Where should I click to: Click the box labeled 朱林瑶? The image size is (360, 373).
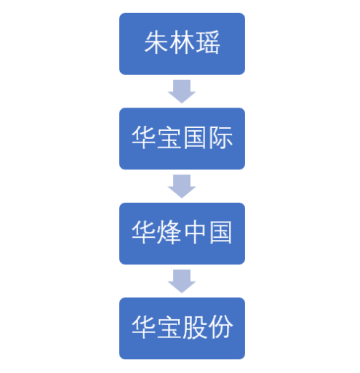[x=182, y=44]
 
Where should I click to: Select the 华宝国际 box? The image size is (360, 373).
[x=182, y=139]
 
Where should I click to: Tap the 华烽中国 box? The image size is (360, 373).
[x=182, y=233]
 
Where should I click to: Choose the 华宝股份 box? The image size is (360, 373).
[x=182, y=329]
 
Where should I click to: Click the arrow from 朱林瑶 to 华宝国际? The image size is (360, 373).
[x=182, y=92]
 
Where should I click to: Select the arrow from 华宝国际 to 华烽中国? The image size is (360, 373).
[x=182, y=186]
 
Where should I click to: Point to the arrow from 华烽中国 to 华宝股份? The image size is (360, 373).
[x=182, y=281]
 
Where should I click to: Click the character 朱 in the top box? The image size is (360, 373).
[x=156, y=42]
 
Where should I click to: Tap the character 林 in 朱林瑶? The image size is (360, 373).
[x=182, y=42]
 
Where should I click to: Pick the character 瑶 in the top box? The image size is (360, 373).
[x=208, y=42]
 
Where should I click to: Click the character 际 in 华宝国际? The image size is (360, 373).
[x=220, y=137]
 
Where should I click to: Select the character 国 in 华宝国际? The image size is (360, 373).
[x=195, y=137]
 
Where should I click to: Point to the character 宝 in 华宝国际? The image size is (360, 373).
[x=169, y=137]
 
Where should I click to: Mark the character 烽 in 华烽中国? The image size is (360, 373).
[x=169, y=232]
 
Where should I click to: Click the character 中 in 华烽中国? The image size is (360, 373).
[x=195, y=232]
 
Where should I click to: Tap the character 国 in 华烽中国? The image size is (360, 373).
[x=220, y=232]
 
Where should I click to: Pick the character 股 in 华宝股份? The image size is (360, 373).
[x=195, y=327]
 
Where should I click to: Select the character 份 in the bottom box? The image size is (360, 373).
[x=220, y=327]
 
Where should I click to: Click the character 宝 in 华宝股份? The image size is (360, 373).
[x=169, y=327]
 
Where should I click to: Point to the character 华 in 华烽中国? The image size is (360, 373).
[x=143, y=232]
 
